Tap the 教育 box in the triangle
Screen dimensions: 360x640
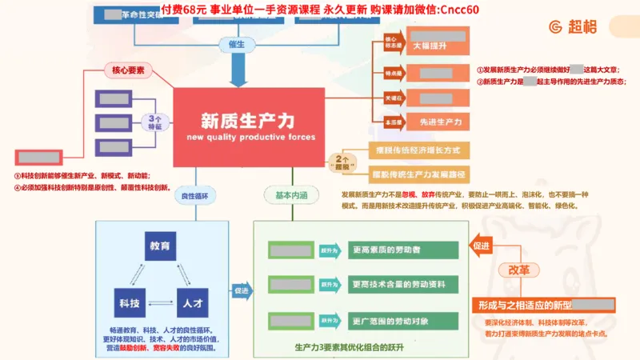(159, 246)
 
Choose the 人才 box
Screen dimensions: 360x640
(190, 303)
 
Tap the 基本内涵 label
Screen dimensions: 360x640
(291, 195)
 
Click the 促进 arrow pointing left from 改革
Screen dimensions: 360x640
(482, 246)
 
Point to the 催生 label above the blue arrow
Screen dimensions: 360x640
(237, 44)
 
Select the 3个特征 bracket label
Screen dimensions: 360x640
(154, 122)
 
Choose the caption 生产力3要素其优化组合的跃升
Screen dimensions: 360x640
(349, 347)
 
